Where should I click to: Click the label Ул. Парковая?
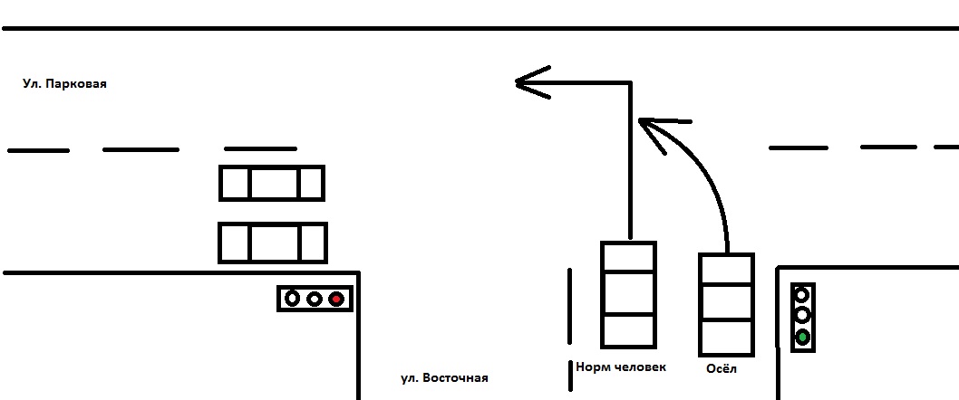pyautogui.click(x=65, y=83)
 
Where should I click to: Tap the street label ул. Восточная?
pyautogui.click(x=444, y=378)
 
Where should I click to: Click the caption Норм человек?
pyautogui.click(x=621, y=367)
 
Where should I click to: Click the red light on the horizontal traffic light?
pyautogui.click(x=336, y=298)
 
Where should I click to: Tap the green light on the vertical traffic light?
pyautogui.click(x=802, y=338)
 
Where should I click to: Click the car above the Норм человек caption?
pyautogui.click(x=628, y=293)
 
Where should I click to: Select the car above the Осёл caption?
pyautogui.click(x=726, y=304)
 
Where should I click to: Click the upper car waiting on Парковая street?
pyautogui.click(x=272, y=183)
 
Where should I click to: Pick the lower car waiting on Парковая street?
pyautogui.click(x=272, y=243)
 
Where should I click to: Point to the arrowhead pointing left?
pyautogui.click(x=526, y=83)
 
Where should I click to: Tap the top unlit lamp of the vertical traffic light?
pyautogui.click(x=802, y=294)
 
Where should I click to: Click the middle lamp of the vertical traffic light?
pyautogui.click(x=802, y=315)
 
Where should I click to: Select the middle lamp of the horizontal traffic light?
pyautogui.click(x=315, y=298)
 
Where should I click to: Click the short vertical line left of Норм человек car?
pyautogui.click(x=569, y=305)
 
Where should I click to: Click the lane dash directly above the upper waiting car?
pyautogui.click(x=260, y=148)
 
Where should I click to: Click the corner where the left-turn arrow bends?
pyautogui.click(x=629, y=84)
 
